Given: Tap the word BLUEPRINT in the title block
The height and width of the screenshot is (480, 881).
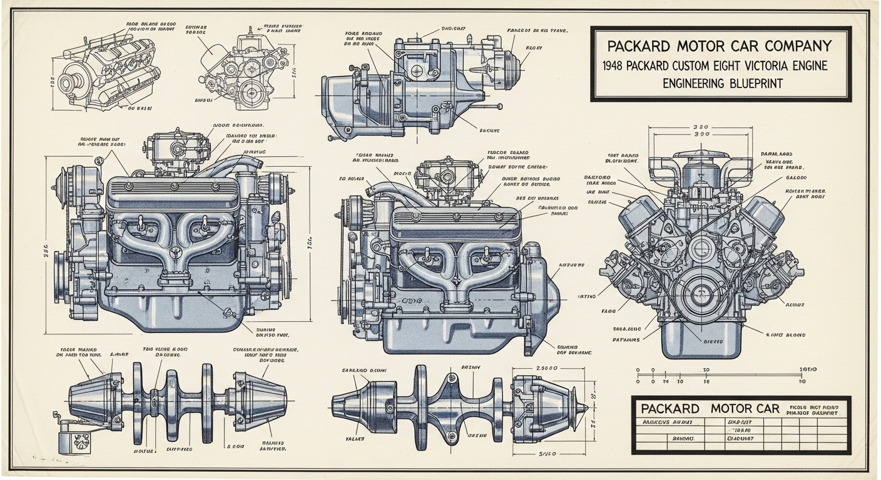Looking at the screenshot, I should tap(748, 83).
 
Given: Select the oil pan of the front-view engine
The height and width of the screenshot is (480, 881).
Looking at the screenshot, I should tap(701, 337).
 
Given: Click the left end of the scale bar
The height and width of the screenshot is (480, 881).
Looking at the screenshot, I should tap(638, 372).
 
